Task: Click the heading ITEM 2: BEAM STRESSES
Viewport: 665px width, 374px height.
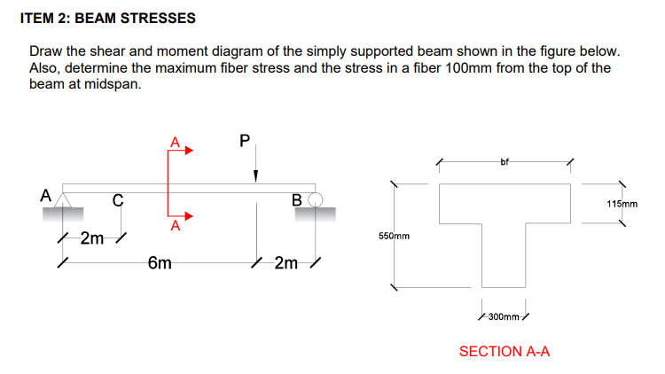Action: [107, 18]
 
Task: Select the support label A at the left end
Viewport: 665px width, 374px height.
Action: [44, 194]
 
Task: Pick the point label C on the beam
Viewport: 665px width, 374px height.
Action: [117, 199]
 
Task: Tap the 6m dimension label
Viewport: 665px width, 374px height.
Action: [160, 263]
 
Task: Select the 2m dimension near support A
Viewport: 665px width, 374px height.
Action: [92, 238]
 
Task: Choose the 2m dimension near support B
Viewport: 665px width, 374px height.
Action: [286, 263]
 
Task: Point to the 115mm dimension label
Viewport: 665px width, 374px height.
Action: [622, 204]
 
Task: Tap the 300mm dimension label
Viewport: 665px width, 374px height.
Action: [504, 315]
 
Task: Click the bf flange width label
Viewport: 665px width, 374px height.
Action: [505, 161]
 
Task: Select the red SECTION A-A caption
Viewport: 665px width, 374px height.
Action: [505, 352]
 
